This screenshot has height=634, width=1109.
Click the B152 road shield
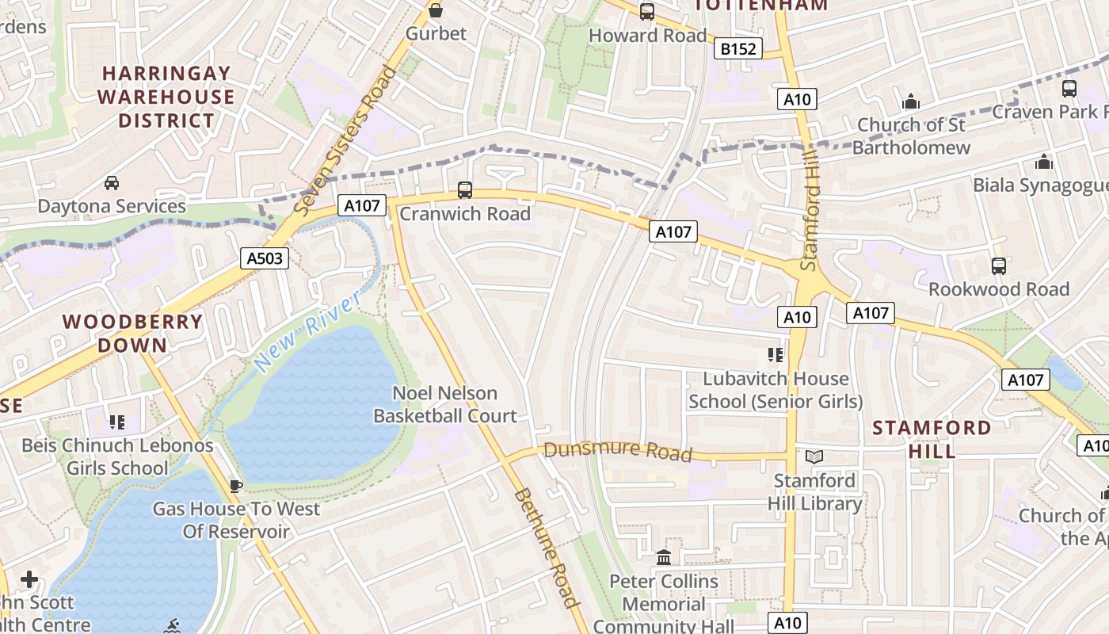737,49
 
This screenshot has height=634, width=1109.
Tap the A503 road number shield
265,258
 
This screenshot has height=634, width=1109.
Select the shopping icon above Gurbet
435,10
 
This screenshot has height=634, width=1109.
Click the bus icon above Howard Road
647,12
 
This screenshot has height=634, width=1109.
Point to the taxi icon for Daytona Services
112,183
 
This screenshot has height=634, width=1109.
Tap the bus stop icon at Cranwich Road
464,190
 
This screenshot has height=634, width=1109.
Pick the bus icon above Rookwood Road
998,266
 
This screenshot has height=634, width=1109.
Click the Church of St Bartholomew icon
911,101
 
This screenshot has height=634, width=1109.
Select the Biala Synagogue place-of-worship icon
1044,162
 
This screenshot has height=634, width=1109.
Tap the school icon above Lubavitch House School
775,355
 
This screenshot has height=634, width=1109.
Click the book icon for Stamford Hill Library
814,456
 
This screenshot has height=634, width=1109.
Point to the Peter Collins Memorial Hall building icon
664,558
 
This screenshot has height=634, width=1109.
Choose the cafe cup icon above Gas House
234,485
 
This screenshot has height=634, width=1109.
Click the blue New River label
308,330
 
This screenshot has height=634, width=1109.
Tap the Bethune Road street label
547,547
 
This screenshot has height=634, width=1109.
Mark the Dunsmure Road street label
618,452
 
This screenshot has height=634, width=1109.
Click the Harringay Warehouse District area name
166,97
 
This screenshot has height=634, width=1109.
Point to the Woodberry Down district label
132,333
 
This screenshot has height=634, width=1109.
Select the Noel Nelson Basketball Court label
445,404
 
